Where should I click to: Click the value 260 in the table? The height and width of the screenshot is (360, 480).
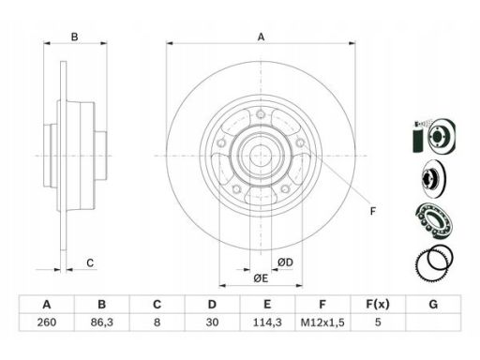(47, 322)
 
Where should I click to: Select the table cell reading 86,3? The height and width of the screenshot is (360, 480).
(101, 322)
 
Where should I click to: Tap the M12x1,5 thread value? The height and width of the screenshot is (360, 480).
(322, 322)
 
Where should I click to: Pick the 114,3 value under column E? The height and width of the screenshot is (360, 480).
(267, 322)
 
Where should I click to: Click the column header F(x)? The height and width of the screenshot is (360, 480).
(378, 304)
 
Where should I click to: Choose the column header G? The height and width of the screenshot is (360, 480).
(433, 304)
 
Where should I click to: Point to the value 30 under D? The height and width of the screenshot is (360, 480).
(212, 322)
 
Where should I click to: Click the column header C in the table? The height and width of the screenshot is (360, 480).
(157, 304)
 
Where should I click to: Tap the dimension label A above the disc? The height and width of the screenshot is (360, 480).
(261, 37)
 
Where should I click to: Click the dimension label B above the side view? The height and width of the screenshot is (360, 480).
(74, 37)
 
